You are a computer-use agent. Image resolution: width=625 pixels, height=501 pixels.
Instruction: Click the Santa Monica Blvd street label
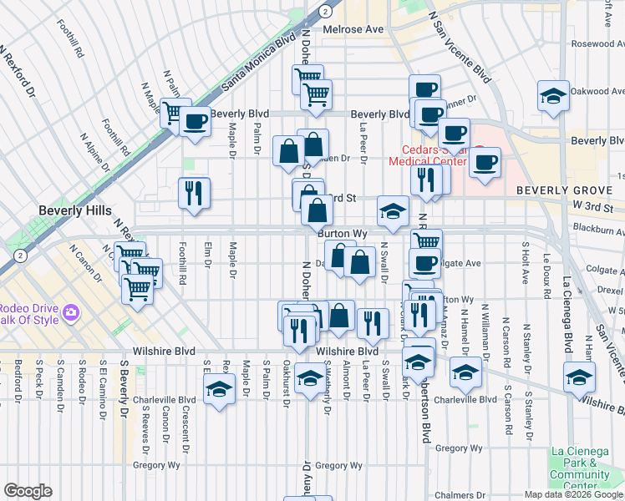(x=259, y=62)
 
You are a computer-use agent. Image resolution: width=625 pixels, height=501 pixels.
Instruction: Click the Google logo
(x=28, y=491)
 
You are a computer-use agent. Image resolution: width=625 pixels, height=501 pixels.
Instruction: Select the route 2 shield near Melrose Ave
(x=325, y=10)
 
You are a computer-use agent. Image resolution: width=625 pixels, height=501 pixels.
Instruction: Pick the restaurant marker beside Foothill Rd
(x=194, y=192)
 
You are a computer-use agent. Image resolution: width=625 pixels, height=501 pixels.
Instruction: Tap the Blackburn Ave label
(x=598, y=227)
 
